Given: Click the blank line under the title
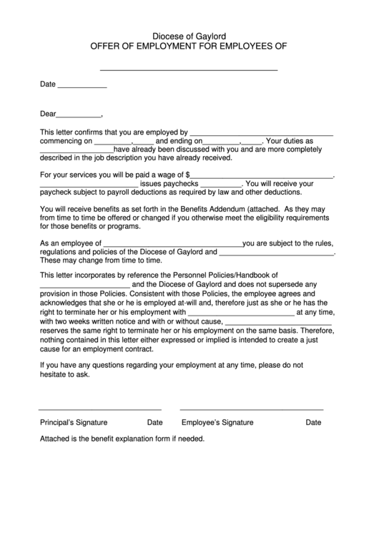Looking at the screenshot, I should point(188,70).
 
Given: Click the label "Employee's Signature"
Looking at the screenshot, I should point(217,422).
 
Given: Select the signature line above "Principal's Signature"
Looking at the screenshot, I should point(90,409).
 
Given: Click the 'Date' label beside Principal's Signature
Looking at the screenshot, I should point(155,422).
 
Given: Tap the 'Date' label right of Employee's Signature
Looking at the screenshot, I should point(313,422).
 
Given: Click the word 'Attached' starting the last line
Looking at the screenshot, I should point(54,439).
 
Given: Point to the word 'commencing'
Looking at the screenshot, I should point(61,141).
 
